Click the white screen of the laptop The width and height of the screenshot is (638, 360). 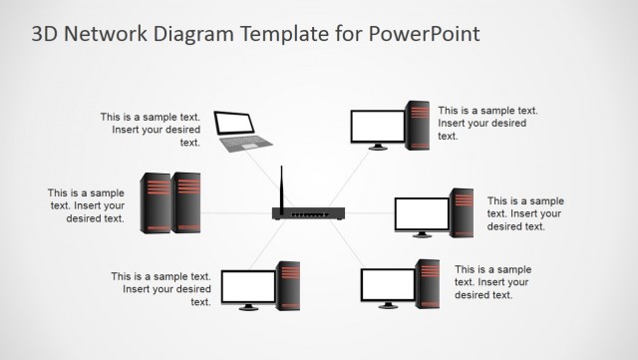tap(235, 124)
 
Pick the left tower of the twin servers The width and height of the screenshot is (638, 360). tap(157, 202)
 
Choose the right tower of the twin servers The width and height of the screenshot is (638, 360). tap(186, 202)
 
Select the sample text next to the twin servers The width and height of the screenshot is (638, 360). tap(87, 205)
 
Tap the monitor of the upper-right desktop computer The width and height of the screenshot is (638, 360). tap(378, 127)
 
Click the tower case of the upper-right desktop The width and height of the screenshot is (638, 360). tap(418, 125)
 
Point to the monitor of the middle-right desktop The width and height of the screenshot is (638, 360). tap(422, 213)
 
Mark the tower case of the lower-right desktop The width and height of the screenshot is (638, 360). tap(428, 283)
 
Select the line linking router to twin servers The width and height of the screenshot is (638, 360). tap(236, 213)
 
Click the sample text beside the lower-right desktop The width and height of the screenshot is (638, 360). tap(492, 282)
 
